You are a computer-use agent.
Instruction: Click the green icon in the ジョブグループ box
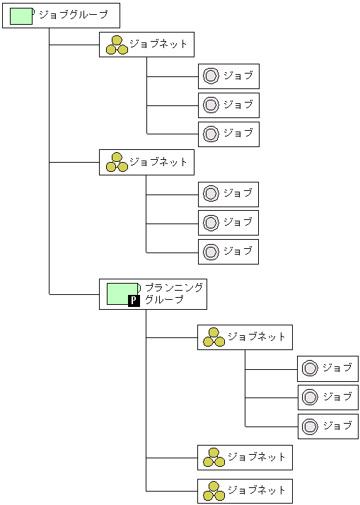pyautogui.click(x=21, y=16)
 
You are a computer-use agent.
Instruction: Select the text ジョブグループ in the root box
pyautogui.click(x=74, y=15)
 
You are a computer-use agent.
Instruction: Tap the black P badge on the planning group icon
pyautogui.click(x=133, y=301)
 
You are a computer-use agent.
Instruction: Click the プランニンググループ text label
pyautogui.click(x=173, y=294)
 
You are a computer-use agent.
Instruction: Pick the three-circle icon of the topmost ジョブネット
pyautogui.click(x=117, y=45)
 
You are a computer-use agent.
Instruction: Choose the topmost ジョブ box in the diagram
pyautogui.click(x=228, y=76)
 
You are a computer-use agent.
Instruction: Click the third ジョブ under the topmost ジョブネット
pyautogui.click(x=228, y=134)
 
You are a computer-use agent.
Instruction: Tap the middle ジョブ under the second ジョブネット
pyautogui.click(x=228, y=223)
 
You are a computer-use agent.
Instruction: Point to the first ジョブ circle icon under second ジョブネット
pyautogui.click(x=210, y=194)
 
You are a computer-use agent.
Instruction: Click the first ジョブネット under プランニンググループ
pyautogui.click(x=245, y=337)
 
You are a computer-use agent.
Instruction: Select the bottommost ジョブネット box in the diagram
pyautogui.click(x=245, y=490)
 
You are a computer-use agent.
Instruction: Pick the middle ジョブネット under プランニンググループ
pyautogui.click(x=245, y=458)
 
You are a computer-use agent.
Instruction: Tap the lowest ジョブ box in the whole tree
pyautogui.click(x=327, y=426)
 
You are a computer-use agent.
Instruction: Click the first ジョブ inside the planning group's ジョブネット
pyautogui.click(x=327, y=368)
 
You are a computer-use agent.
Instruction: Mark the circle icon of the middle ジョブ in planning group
pyautogui.click(x=309, y=397)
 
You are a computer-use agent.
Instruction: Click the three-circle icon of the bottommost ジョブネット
pyautogui.click(x=214, y=491)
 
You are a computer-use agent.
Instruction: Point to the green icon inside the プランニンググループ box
pyautogui.click(x=122, y=293)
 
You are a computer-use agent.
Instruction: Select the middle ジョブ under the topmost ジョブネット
pyautogui.click(x=228, y=105)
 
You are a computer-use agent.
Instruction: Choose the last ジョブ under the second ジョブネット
pyautogui.click(x=228, y=251)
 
